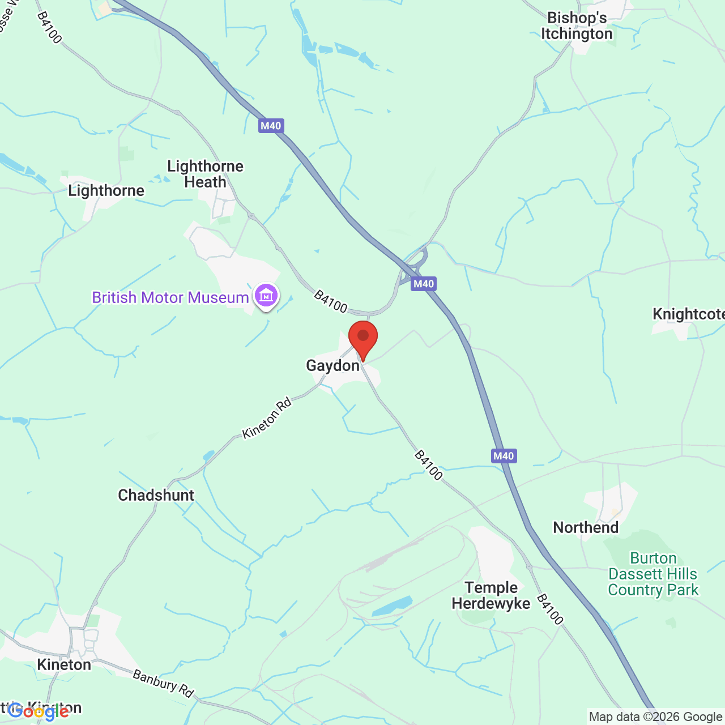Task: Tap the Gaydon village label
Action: [x=333, y=366]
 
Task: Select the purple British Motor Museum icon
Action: [x=266, y=296]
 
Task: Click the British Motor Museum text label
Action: [x=170, y=298]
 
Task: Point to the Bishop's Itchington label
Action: [x=577, y=26]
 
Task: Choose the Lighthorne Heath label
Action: [x=206, y=174]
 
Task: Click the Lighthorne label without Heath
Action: [x=106, y=191]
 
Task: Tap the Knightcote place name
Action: [x=688, y=314]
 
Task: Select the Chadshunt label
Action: [x=156, y=496]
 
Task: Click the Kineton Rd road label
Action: [x=267, y=418]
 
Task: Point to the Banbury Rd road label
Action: [x=163, y=683]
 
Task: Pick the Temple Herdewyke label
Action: [x=491, y=595]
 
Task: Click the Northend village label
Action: [x=586, y=528]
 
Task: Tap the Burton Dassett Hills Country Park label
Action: [x=653, y=574]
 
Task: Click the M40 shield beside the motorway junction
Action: [x=424, y=284]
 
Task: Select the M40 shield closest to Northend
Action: [x=504, y=456]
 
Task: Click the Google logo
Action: [x=39, y=711]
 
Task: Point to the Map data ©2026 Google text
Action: [x=655, y=717]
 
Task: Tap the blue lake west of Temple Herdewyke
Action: [x=392, y=606]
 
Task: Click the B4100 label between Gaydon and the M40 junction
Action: [x=330, y=301]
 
